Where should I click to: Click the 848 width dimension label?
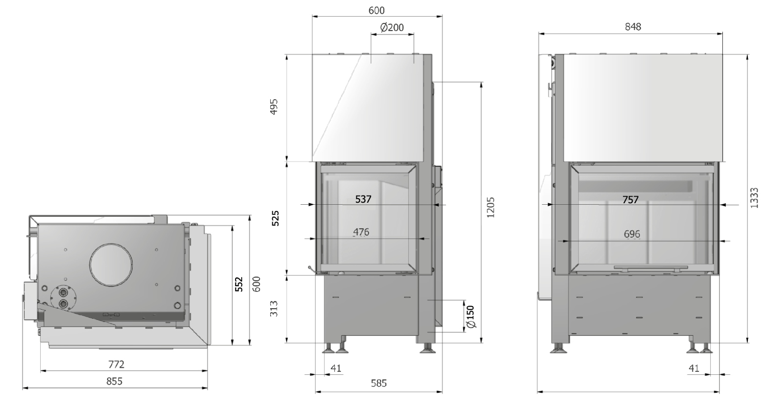click(x=633, y=27)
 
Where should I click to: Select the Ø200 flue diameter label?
click(x=392, y=27)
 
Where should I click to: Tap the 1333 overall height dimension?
click(x=754, y=198)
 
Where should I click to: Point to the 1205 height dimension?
click(x=490, y=208)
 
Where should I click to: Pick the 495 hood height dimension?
click(x=274, y=106)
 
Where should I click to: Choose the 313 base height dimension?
click(x=274, y=309)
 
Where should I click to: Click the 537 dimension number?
click(x=363, y=199)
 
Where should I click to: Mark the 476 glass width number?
click(x=361, y=232)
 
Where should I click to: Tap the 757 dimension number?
click(x=631, y=200)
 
